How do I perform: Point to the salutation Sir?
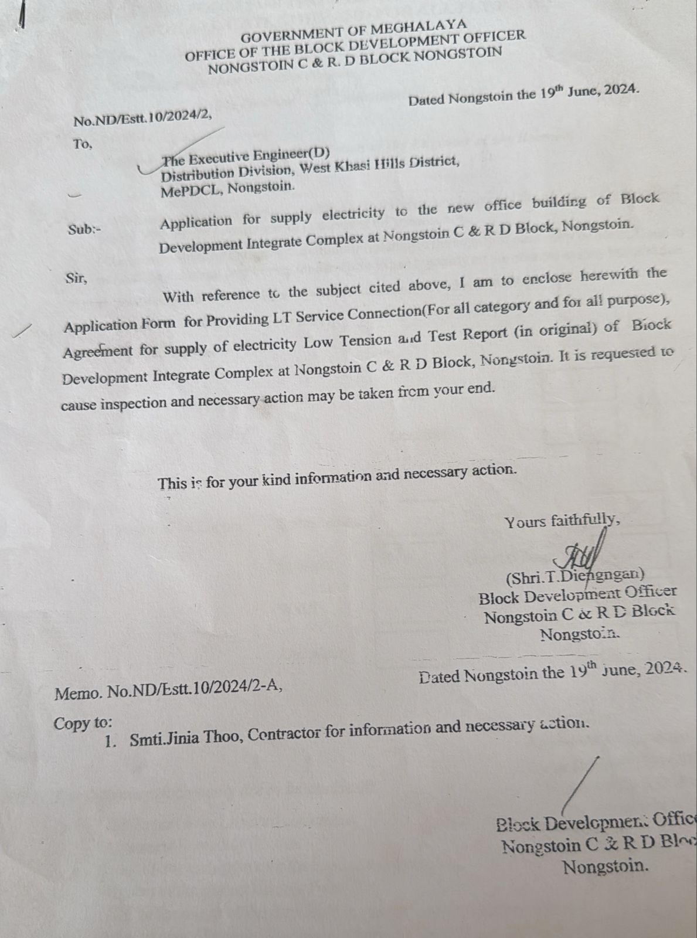[76, 278]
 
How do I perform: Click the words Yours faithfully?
[562, 520]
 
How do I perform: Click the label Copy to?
[83, 723]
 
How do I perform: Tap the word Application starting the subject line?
[196, 222]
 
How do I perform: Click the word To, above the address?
[83, 144]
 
